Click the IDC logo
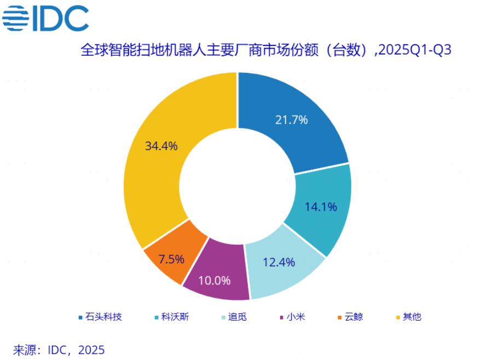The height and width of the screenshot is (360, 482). [45, 18]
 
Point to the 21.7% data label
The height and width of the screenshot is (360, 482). [291, 120]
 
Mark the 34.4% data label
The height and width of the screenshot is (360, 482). [161, 146]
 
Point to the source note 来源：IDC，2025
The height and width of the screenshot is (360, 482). [59, 349]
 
